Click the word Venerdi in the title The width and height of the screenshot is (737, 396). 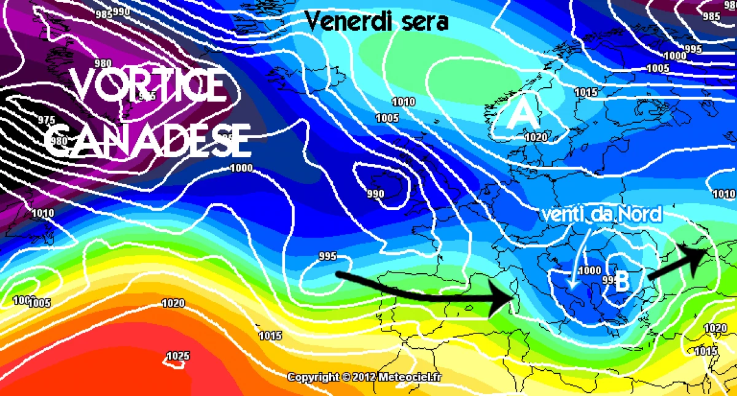[x=347, y=21]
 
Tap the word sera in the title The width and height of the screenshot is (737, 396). [x=424, y=22]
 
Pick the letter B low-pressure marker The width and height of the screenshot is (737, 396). [x=622, y=282]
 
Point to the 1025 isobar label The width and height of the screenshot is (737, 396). [x=177, y=356]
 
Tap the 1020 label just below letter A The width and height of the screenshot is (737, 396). [x=536, y=138]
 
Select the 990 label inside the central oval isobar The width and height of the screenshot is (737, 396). [x=375, y=194]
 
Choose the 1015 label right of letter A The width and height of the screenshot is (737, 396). [x=585, y=93]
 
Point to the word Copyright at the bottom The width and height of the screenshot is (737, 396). [x=313, y=377]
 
